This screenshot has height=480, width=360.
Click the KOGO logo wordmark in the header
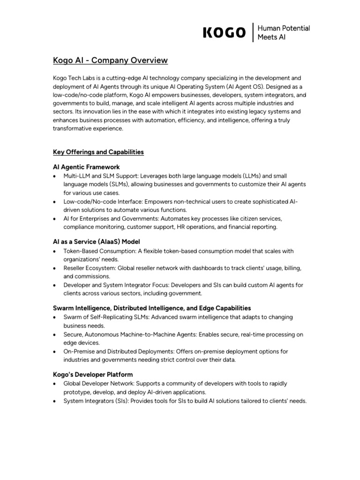tap(224, 32)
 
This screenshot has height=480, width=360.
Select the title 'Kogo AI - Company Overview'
tap(109, 60)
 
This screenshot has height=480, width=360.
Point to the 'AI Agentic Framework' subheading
tap(86, 167)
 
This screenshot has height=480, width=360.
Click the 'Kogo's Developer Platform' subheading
tap(92, 375)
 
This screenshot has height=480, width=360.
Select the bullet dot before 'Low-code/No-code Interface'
tap(55, 202)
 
